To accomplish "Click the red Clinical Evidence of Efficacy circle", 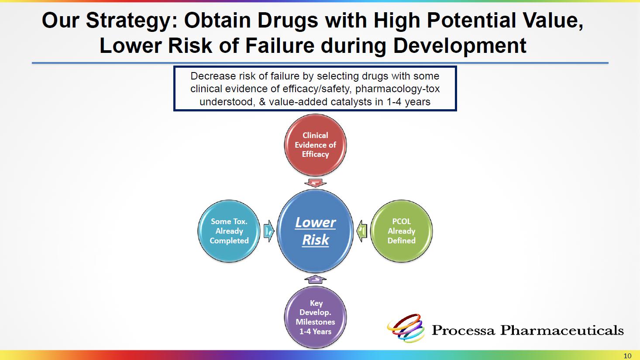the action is [315, 145].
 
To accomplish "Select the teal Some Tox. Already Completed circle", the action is [229, 231].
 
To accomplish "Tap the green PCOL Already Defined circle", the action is [401, 231].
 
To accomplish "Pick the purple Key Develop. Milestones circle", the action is [315, 317].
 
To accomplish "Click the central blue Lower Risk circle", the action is [315, 231].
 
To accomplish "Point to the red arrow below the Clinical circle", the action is [315, 183].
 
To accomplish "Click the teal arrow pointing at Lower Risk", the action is [268, 231].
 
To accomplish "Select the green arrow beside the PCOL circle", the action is [362, 231].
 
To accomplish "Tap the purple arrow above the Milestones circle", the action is [315, 279].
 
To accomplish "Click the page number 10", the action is [627, 356].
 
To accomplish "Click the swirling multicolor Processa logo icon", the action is [405, 328].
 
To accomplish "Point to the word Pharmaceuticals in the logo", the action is [562, 330].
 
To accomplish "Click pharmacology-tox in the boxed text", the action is [397, 89].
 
